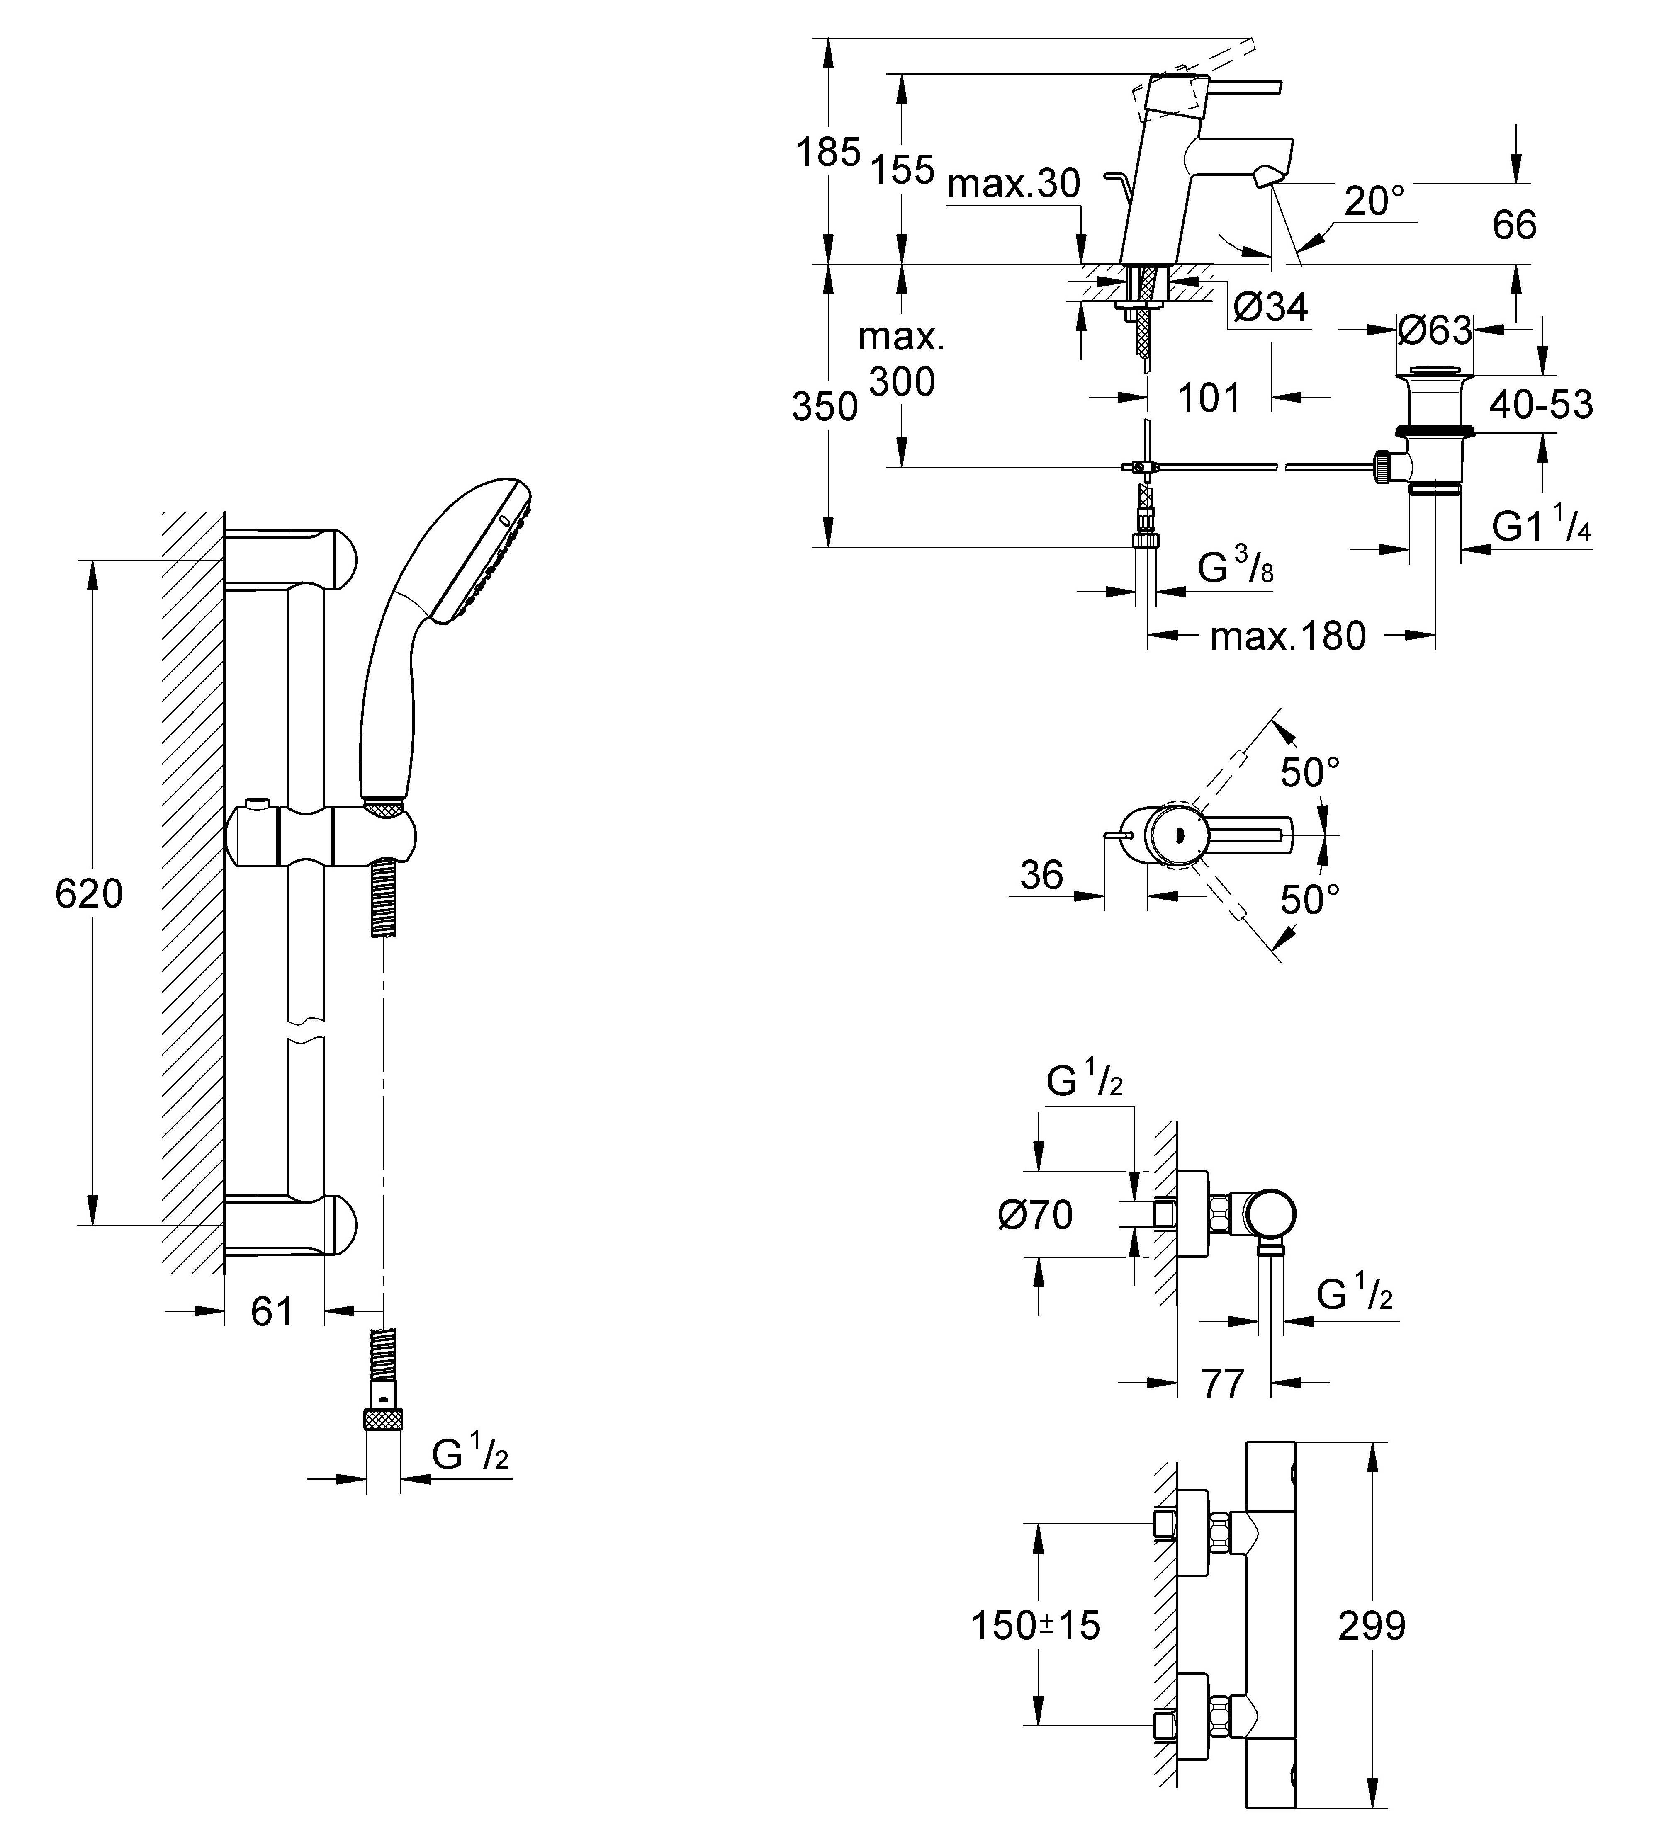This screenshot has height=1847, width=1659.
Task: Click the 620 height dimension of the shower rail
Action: [x=88, y=894]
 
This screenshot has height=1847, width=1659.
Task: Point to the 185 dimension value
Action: [x=828, y=152]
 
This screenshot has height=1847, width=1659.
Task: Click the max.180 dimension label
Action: [x=1287, y=636]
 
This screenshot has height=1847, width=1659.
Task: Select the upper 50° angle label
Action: [x=1310, y=773]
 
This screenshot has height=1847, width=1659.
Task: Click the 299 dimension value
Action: [x=1371, y=1626]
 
